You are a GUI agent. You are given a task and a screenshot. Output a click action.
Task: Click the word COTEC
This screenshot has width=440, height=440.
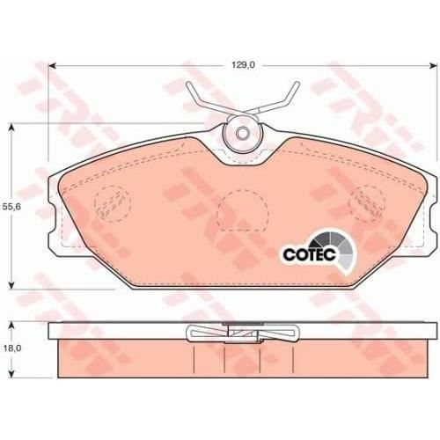pos(309,254)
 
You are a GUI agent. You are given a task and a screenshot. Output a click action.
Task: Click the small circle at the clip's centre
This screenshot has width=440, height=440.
pos(242,133)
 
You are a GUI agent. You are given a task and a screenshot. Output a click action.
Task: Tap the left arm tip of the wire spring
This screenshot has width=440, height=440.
pos(188,84)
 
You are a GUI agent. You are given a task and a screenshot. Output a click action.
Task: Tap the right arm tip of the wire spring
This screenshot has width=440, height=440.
pos(297,84)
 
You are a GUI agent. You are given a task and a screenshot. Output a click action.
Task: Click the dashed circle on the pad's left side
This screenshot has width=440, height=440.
pos(112,203)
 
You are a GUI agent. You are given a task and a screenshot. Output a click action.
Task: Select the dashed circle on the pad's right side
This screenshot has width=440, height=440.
pos(368,202)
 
